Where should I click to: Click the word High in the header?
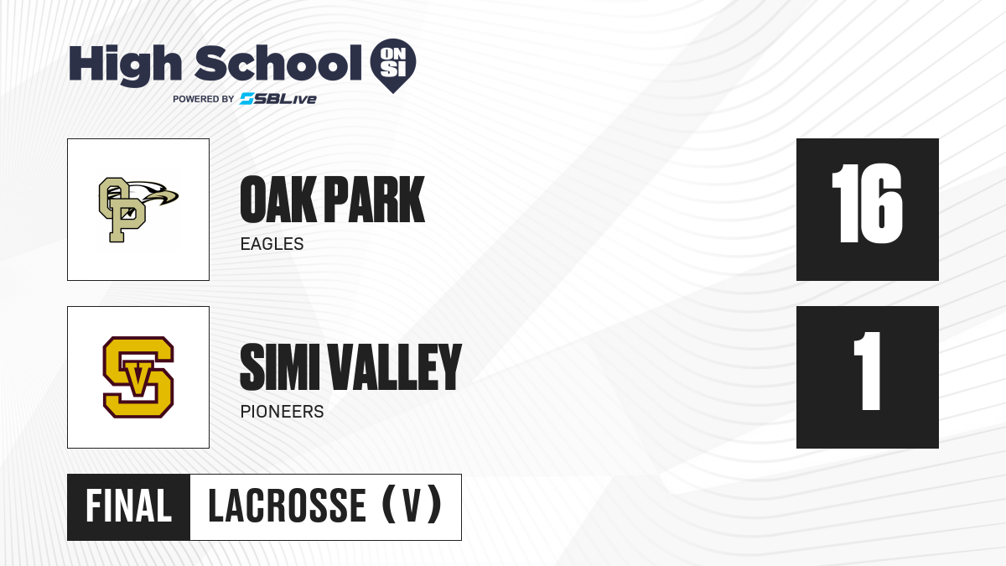coord(125,65)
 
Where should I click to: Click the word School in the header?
coord(278,63)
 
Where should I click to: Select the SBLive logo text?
coord(278,99)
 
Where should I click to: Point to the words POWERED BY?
coord(204,99)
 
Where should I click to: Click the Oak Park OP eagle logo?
coord(138,210)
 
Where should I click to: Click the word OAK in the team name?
coord(278,200)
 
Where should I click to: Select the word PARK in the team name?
coord(374,200)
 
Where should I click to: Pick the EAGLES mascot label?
coord(272,244)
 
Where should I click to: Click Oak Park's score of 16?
coord(867,204)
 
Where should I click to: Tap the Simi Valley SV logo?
coord(138,376)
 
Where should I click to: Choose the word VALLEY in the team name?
coord(395,367)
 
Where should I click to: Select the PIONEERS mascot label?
coord(282,412)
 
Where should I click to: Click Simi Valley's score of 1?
coord(867,371)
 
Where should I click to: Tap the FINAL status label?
coord(129,506)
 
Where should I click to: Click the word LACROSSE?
coord(288,506)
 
